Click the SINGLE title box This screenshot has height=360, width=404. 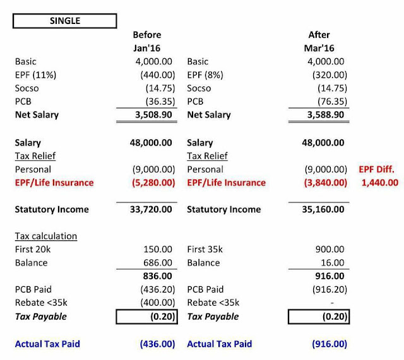click(64, 20)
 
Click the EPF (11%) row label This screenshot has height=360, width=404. click(37, 75)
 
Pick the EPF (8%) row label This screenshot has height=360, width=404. click(207, 75)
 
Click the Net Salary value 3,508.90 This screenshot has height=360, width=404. click(148, 115)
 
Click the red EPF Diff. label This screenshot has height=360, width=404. click(377, 169)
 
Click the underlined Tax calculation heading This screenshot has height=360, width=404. click(45, 236)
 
